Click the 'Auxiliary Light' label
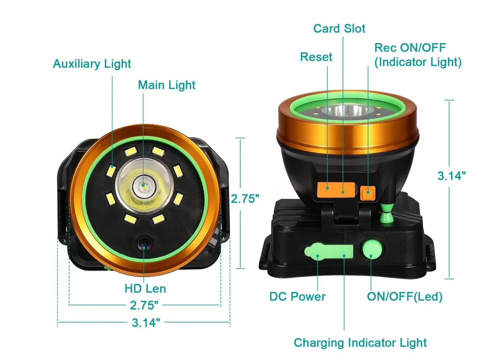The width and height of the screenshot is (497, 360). click(x=92, y=64)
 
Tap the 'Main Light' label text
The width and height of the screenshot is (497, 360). click(x=166, y=85)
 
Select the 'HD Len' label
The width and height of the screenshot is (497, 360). click(x=145, y=289)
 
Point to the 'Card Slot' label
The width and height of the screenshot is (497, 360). click(x=339, y=29)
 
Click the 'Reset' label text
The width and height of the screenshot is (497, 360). click(x=316, y=57)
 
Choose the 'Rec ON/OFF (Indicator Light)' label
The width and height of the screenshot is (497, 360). click(x=418, y=55)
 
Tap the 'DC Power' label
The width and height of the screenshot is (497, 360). click(x=297, y=297)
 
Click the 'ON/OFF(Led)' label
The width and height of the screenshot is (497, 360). click(x=404, y=297)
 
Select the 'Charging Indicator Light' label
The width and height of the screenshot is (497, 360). click(x=360, y=343)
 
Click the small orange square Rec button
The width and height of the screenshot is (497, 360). click(x=367, y=193)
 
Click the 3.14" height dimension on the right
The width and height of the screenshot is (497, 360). click(x=451, y=176)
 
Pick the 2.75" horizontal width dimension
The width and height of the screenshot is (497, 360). click(x=144, y=305)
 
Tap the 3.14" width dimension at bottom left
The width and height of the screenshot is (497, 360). click(x=146, y=323)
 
